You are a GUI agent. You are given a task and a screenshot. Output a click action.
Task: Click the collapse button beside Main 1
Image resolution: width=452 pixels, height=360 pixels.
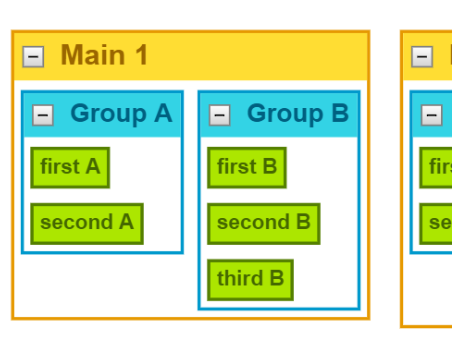click(33, 57)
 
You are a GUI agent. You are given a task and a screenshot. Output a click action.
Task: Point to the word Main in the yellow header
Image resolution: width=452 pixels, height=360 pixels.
click(92, 56)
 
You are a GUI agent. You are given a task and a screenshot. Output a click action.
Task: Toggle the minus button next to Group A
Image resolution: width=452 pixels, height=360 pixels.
click(43, 115)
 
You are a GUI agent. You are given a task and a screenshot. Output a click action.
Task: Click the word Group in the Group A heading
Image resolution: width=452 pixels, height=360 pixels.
click(107, 114)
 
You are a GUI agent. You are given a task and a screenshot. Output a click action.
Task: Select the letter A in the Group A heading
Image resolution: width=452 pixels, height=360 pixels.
click(162, 114)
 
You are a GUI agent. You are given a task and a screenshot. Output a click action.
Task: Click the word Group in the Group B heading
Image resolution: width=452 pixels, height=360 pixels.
click(284, 114)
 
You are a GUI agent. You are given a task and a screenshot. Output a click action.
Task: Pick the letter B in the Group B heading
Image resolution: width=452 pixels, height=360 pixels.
click(339, 114)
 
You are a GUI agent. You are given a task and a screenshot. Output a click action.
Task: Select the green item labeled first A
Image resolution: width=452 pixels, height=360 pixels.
click(69, 167)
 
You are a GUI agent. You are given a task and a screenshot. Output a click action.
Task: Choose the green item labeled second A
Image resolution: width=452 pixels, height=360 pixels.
click(86, 223)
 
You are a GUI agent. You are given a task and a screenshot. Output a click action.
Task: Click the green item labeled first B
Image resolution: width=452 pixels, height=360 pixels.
click(247, 167)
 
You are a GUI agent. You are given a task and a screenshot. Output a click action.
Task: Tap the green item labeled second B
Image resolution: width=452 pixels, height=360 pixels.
click(263, 223)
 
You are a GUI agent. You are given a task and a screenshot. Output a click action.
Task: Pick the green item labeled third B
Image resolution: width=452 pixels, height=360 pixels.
click(250, 279)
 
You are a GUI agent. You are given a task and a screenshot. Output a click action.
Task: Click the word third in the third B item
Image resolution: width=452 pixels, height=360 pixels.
click(240, 279)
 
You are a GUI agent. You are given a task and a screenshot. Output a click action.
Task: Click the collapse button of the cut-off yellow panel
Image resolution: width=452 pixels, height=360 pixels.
click(422, 57)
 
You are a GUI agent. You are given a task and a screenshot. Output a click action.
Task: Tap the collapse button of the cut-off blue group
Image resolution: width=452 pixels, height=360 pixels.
click(431, 115)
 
